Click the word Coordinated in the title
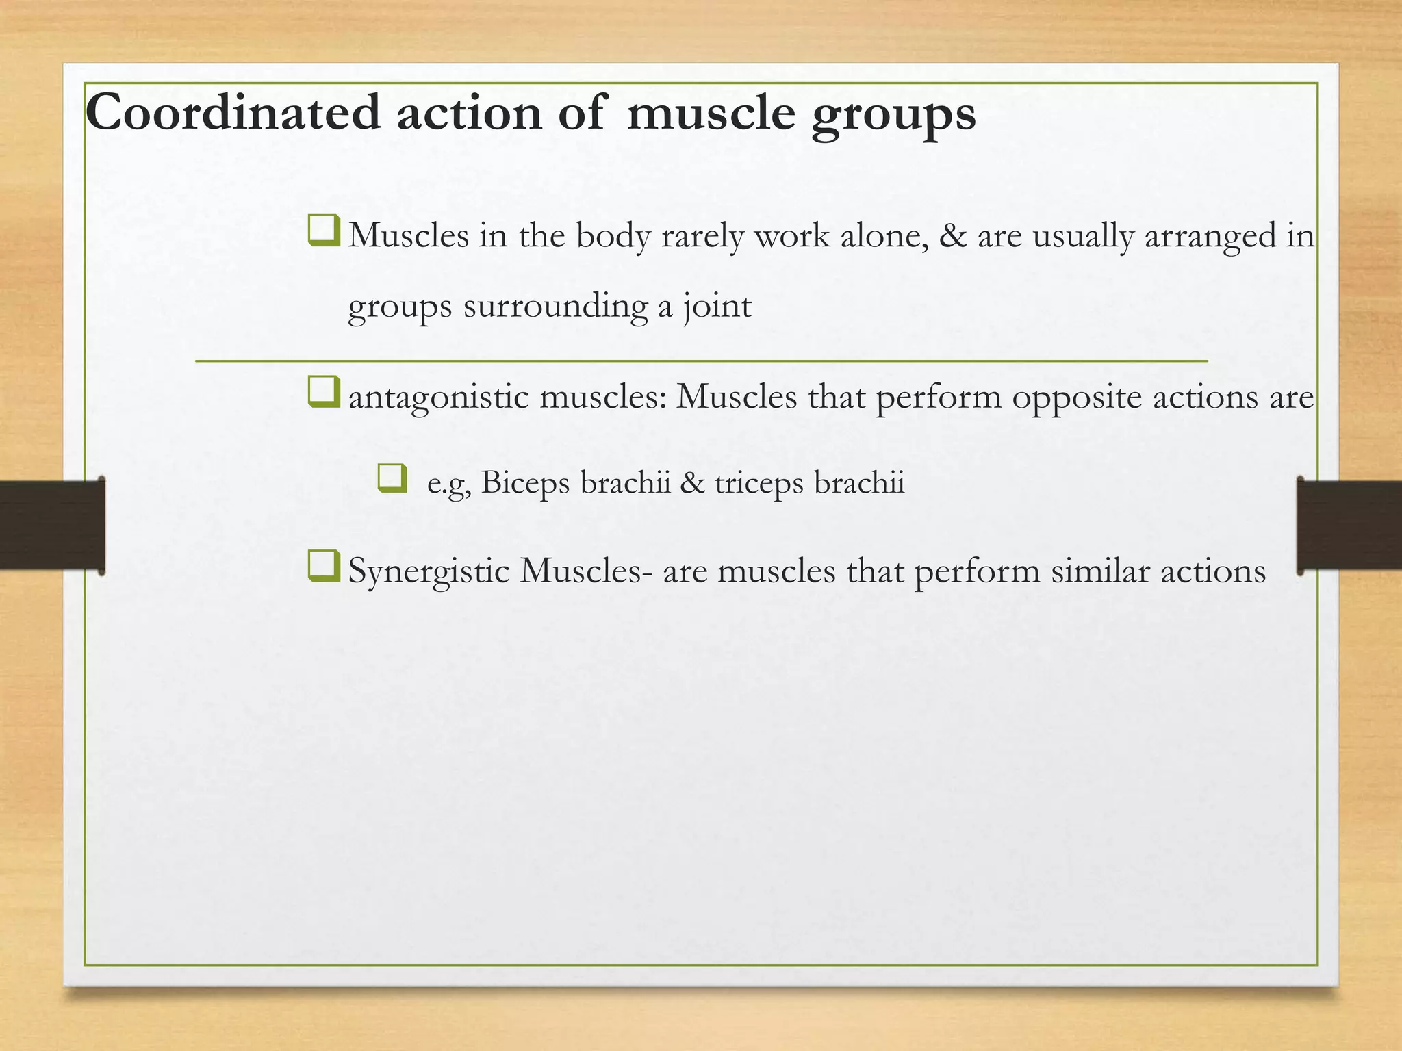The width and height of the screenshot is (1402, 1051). [x=233, y=113]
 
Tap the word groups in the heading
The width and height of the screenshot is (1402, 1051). [x=893, y=116]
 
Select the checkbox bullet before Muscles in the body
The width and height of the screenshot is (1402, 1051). [x=323, y=231]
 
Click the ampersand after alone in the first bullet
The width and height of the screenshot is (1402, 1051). [x=953, y=235]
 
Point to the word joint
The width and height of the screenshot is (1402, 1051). [x=717, y=306]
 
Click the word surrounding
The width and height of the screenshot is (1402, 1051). [x=555, y=306]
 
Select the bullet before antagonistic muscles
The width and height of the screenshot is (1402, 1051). [x=323, y=392]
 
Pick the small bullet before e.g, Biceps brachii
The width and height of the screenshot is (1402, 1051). [x=392, y=478]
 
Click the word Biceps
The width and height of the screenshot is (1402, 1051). [x=525, y=483]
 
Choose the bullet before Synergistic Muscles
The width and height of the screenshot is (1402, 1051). [x=323, y=566]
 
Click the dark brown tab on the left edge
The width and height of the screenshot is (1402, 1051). [x=51, y=525]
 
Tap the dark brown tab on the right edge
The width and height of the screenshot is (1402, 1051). [x=1349, y=525]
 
